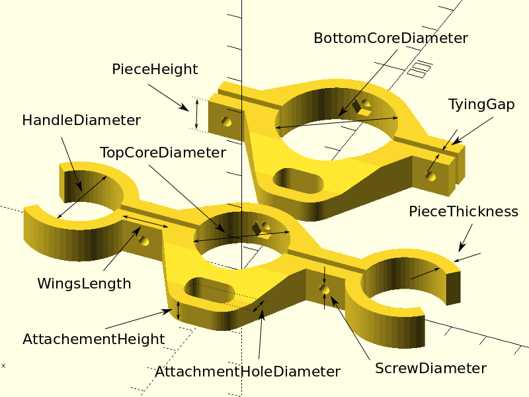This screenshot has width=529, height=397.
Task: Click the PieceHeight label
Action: click(155, 69)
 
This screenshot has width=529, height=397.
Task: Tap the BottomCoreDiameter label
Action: click(391, 38)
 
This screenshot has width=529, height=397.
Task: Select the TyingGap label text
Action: click(481, 105)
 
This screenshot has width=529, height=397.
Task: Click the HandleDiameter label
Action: click(81, 120)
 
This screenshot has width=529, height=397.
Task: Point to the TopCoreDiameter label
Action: click(163, 153)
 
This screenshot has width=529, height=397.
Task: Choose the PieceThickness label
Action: click(464, 212)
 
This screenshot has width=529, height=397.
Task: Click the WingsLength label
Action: click(84, 284)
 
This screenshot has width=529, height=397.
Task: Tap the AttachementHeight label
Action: click(94, 339)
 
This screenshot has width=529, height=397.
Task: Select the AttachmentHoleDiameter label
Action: click(247, 372)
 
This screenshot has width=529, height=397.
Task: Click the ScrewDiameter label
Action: click(431, 369)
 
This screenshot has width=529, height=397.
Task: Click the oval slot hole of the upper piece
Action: click(298, 181)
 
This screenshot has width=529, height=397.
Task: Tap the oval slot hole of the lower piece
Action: click(210, 290)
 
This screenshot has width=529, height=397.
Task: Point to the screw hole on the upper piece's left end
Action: click(226, 121)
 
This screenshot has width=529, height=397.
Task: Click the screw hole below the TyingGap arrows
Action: click(430, 176)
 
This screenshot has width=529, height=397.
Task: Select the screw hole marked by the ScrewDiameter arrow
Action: click(324, 289)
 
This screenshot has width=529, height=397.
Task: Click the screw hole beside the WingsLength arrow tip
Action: click(143, 241)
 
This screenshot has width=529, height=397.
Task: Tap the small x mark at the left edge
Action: click(3, 366)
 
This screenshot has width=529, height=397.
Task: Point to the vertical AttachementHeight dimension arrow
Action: click(179, 310)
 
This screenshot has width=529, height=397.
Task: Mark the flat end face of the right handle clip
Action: click(453, 288)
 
